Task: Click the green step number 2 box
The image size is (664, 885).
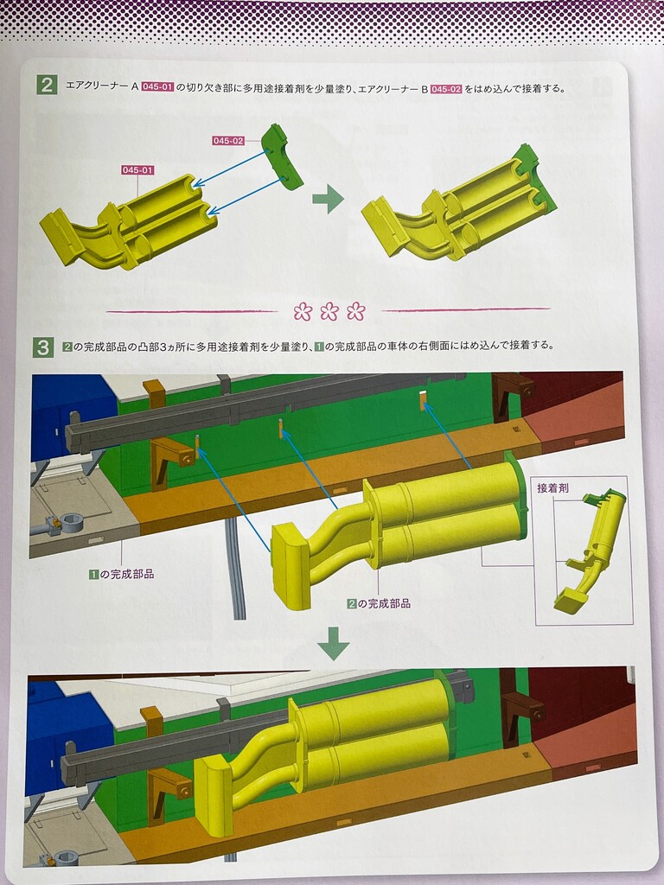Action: [47, 85]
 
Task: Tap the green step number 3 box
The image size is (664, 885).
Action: [43, 347]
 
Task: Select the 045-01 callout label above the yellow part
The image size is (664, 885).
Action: [137, 170]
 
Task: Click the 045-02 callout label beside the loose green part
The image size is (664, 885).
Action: [228, 141]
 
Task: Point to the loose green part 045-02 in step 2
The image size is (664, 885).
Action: [282, 156]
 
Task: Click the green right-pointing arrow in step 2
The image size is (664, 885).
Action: [328, 199]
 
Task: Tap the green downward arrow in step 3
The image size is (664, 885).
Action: [334, 643]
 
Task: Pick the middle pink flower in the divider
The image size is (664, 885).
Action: [329, 311]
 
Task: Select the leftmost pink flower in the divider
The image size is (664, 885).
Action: [303, 311]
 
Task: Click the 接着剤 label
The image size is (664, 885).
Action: [552, 488]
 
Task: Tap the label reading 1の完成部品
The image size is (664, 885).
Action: [121, 574]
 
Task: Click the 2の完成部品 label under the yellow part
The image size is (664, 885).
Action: [379, 603]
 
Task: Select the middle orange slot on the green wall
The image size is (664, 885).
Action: [280, 430]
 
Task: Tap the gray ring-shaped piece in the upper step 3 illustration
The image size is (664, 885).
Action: [71, 524]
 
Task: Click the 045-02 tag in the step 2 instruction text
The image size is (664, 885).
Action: [446, 89]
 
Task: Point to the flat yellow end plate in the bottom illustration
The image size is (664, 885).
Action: [214, 797]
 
